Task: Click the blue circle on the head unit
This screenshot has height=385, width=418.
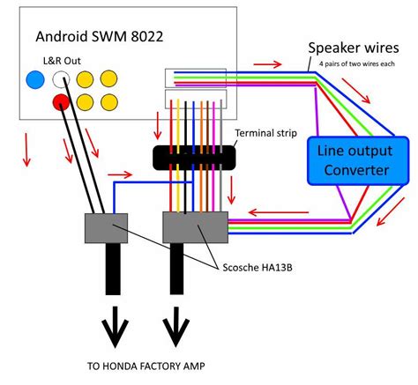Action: coord(35,80)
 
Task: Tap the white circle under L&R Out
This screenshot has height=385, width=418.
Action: coord(61,80)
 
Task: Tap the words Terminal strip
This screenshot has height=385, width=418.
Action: coord(265,132)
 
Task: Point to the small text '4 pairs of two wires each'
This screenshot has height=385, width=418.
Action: coord(355,64)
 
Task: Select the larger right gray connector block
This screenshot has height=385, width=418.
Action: coord(196,227)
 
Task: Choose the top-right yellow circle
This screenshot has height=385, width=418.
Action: coord(110,79)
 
